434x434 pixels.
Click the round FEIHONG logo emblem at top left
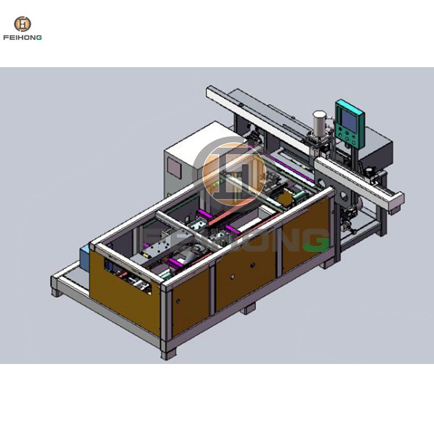[23, 24]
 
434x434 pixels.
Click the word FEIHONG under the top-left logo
[23, 38]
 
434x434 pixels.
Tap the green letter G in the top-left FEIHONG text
[39, 38]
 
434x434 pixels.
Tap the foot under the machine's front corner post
[168, 355]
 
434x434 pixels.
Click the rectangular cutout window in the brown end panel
[128, 275]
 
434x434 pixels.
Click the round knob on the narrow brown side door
[178, 300]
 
